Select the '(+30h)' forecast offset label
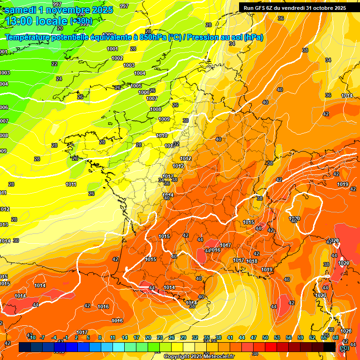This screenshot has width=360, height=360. [81, 21]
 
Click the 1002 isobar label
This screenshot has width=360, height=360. [117, 58]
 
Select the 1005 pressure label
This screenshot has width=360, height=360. [136, 86]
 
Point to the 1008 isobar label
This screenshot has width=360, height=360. [156, 109]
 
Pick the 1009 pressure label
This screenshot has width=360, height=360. [164, 119]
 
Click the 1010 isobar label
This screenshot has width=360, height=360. [162, 135]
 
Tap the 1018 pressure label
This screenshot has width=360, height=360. [252, 261]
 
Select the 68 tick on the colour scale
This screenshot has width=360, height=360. [336, 338]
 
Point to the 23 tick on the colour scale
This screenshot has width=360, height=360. [160, 338]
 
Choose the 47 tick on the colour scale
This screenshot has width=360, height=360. [254, 338]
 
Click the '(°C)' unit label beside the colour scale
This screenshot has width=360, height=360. [345, 348]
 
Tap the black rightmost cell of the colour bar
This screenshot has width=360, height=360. [330, 347]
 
